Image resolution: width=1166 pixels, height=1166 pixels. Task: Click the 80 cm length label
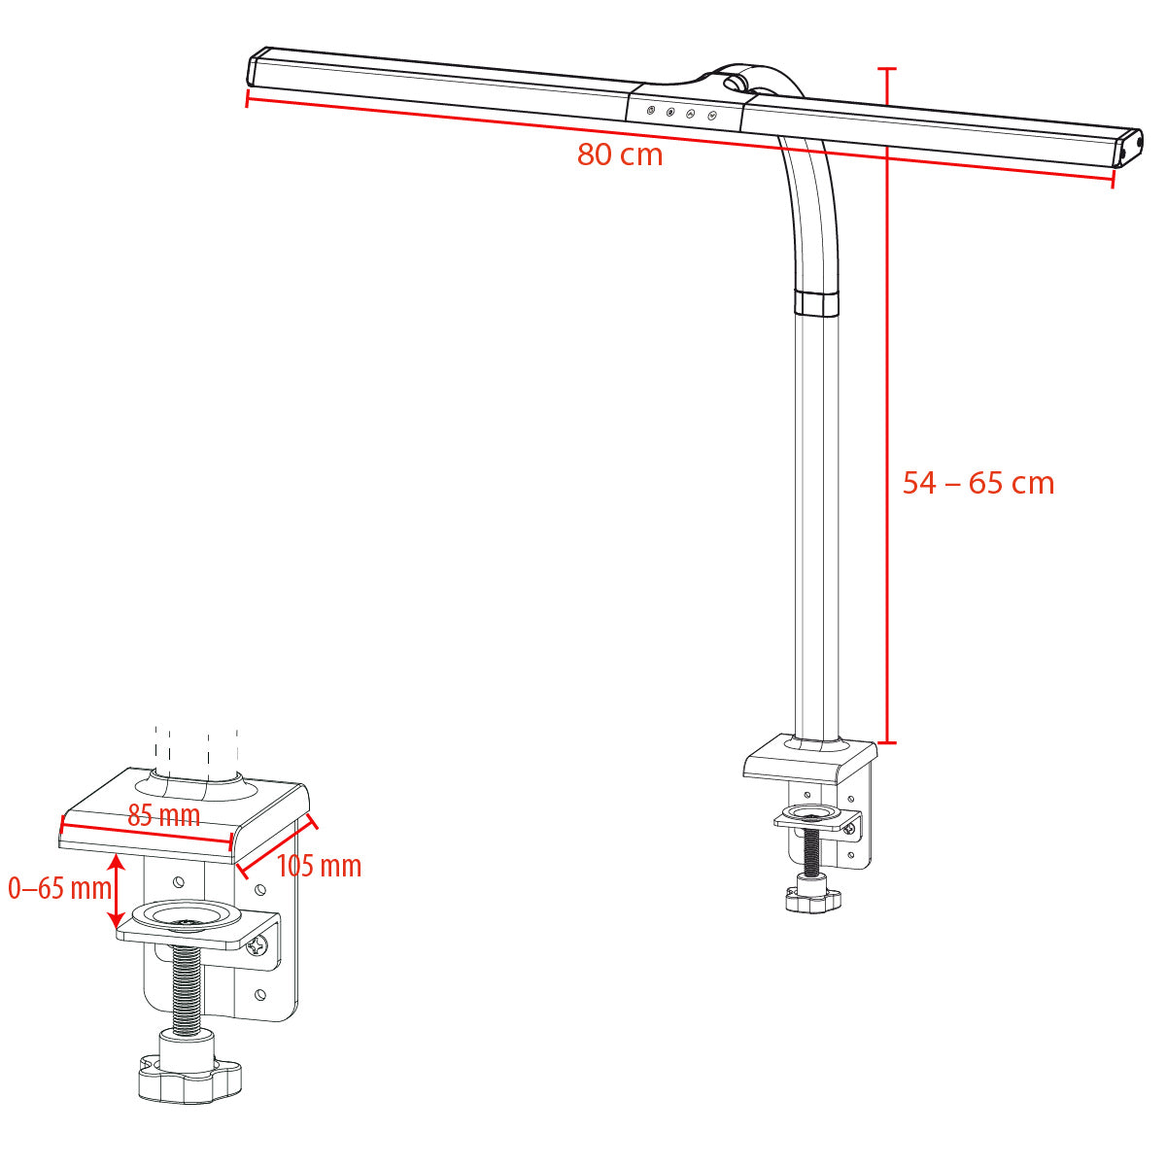(x=620, y=154)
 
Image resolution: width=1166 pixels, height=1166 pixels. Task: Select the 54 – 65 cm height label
(x=977, y=483)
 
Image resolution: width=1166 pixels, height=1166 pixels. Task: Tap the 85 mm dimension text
(x=163, y=815)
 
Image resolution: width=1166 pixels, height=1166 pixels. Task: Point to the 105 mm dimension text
(x=319, y=865)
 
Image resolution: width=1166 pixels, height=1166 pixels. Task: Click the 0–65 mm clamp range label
(x=59, y=887)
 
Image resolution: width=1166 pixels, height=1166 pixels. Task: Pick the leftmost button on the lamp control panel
(x=651, y=111)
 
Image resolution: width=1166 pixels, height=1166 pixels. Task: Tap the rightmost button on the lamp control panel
(x=711, y=116)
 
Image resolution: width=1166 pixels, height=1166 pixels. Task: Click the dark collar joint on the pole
(x=815, y=301)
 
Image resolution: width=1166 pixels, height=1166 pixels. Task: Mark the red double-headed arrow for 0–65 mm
(x=116, y=890)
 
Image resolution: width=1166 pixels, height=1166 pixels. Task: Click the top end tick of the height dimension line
(x=886, y=70)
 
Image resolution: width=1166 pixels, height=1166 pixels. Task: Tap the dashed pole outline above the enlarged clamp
(x=196, y=748)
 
